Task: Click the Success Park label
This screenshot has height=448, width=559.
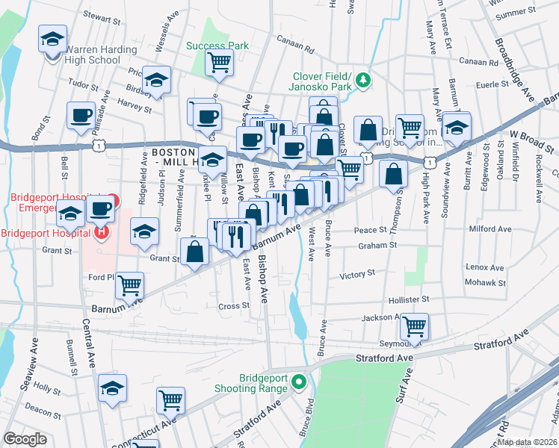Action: click(217, 46)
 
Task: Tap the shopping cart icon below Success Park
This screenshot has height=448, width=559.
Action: click(219, 62)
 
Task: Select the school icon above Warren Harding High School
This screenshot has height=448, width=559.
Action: click(53, 38)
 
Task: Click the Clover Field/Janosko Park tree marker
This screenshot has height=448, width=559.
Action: click(363, 79)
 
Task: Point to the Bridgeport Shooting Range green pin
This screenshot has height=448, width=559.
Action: click(299, 383)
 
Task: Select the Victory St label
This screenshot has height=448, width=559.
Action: click(356, 275)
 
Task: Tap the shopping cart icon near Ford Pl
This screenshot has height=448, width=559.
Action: click(130, 284)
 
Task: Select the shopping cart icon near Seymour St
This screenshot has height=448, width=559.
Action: click(413, 326)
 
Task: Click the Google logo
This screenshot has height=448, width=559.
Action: click(25, 439)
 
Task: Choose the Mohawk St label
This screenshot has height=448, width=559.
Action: click(487, 283)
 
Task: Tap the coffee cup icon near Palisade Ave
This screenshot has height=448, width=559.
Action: click(81, 115)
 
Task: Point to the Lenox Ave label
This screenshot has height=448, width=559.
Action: click(485, 267)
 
